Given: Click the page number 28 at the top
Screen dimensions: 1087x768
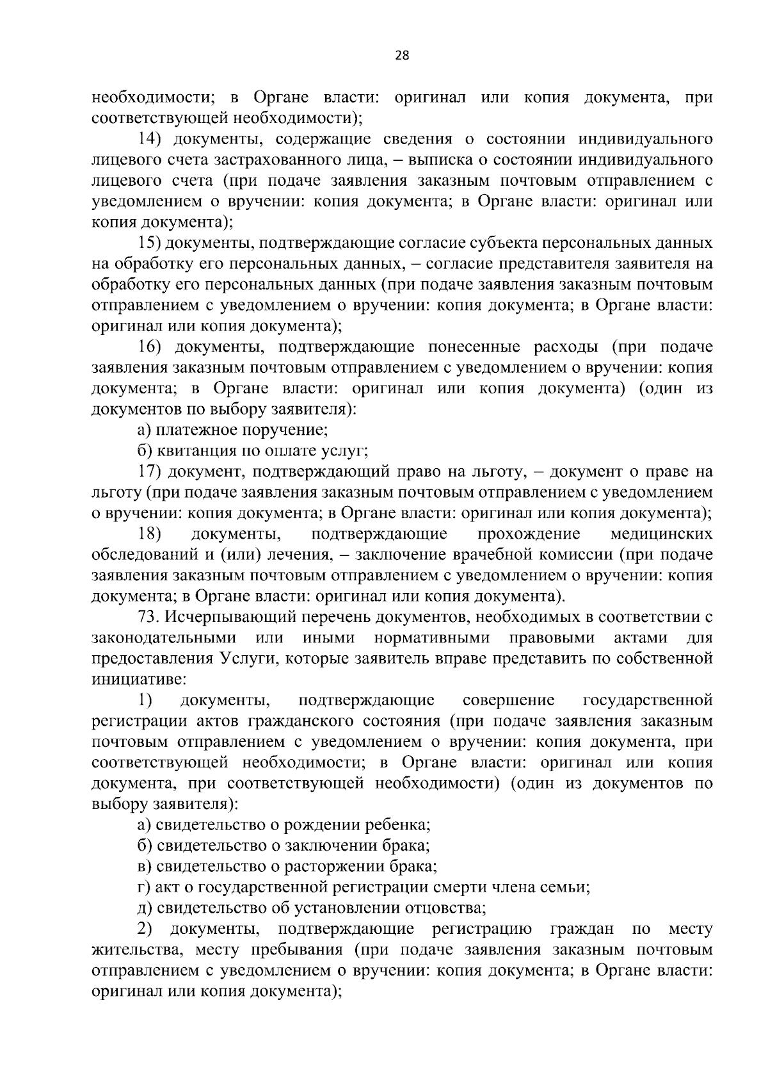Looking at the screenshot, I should click(x=402, y=55).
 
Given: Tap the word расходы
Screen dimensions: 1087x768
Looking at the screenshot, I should click(x=566, y=348).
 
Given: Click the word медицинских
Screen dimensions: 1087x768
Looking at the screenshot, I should click(x=662, y=534).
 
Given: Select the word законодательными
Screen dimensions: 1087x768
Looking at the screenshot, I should click(x=164, y=638).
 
